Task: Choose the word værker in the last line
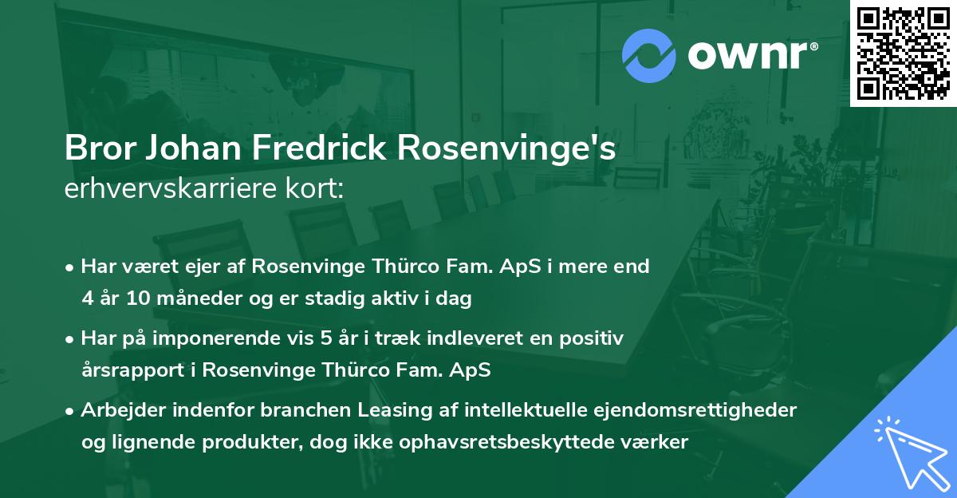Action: click(x=657, y=442)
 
